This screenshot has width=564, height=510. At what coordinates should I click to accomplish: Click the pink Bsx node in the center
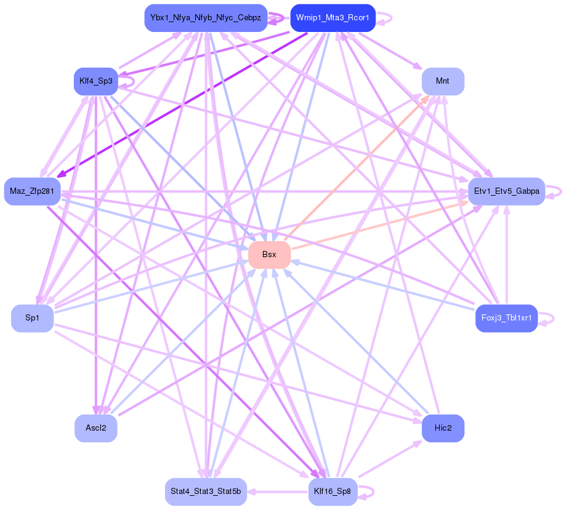[x=269, y=255]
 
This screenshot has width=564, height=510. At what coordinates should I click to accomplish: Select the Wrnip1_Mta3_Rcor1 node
[x=332, y=18]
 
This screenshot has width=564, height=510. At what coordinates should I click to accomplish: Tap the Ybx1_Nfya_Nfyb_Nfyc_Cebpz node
[x=206, y=18]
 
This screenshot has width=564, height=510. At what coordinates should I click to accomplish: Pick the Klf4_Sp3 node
[x=95, y=81]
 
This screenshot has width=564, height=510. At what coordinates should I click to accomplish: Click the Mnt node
[x=442, y=81]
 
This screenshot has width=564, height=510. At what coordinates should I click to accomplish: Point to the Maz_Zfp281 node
[x=32, y=191]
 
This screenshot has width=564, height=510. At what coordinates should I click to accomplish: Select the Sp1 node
[x=32, y=318]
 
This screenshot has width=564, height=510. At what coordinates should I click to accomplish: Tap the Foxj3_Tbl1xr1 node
[x=506, y=318]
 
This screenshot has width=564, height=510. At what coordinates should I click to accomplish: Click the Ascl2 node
[x=95, y=428]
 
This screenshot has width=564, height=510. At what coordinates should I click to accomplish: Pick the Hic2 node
[x=442, y=428]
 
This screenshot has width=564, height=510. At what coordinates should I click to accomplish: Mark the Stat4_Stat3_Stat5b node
[x=206, y=492]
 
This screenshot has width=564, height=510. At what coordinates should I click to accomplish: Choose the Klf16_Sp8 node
[x=332, y=492]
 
